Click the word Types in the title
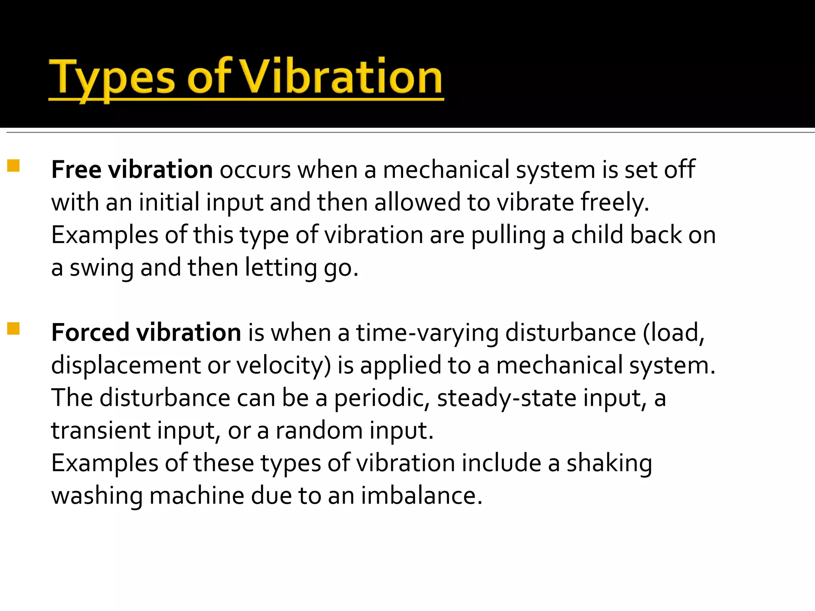[112, 78]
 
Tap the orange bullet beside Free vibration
[14, 165]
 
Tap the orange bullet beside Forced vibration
[14, 329]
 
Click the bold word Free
[76, 169]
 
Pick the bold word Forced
[90, 333]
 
